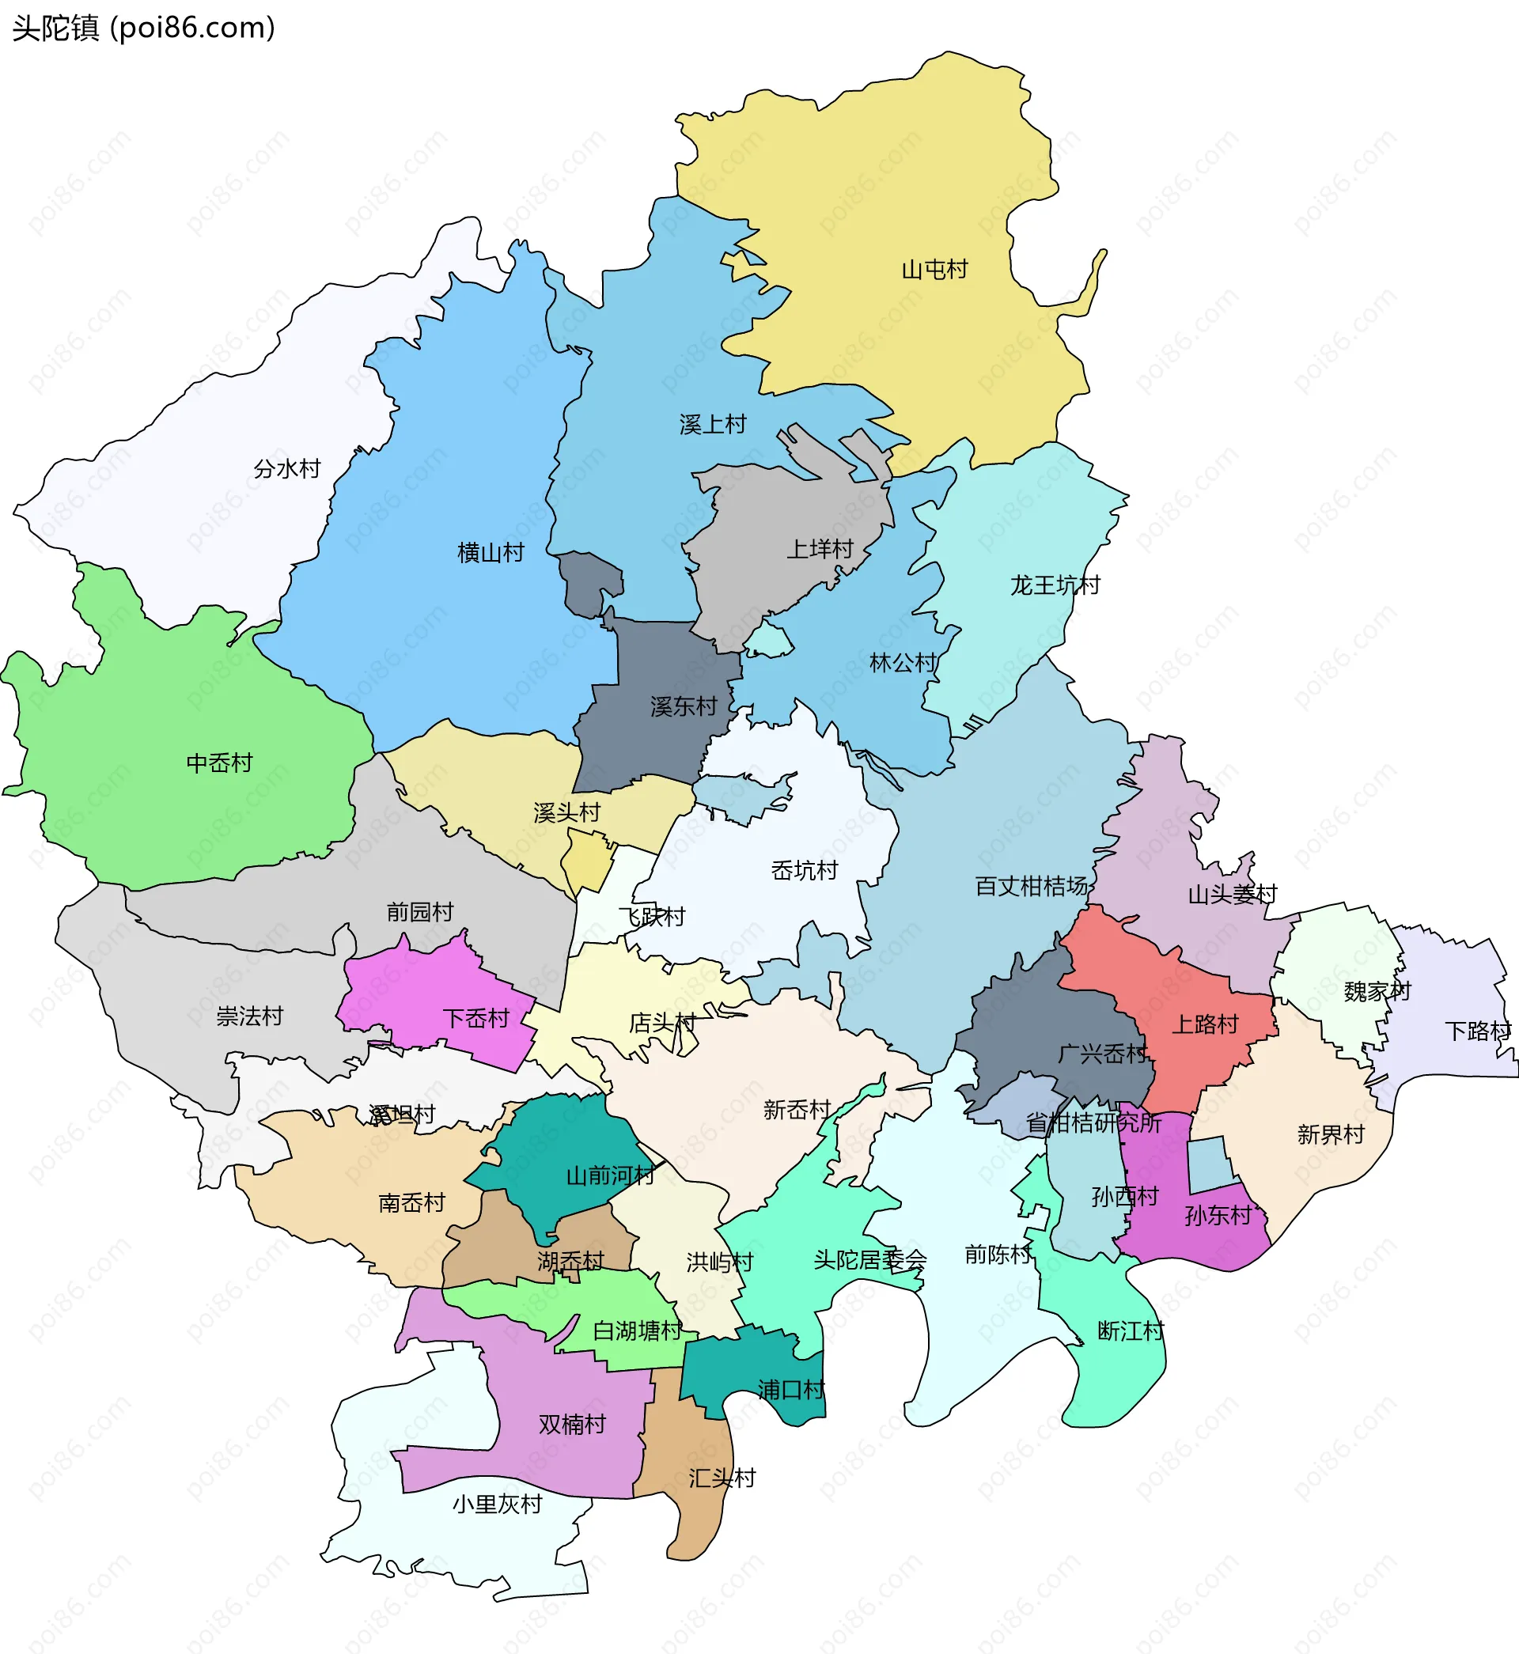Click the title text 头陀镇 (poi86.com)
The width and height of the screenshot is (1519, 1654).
tap(143, 28)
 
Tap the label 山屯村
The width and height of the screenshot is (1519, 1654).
tap(934, 270)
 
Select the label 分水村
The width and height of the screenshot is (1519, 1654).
tap(287, 469)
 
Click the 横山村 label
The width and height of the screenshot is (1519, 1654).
tap(491, 553)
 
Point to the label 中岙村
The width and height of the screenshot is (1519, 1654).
tap(219, 763)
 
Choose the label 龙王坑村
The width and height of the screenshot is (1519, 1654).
tap(1055, 586)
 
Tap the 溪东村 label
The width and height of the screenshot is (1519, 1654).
tap(683, 706)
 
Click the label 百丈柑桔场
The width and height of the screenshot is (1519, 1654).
tap(1031, 887)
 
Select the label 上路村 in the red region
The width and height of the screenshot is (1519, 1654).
tap(1204, 1024)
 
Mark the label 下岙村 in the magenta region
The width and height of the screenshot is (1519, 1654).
tap(477, 1019)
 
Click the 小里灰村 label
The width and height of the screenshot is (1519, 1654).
tap(498, 1504)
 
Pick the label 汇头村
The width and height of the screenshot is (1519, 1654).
tap(722, 1478)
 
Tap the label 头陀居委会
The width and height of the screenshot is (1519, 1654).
tap(869, 1260)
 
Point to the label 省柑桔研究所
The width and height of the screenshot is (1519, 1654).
tap(1093, 1123)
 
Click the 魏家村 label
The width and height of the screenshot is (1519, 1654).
tap(1377, 992)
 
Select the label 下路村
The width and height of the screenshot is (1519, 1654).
tap(1478, 1031)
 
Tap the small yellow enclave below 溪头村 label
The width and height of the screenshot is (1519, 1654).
tap(588, 863)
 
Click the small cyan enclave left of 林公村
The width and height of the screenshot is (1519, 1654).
tap(769, 640)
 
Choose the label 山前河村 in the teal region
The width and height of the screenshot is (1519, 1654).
tap(610, 1175)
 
